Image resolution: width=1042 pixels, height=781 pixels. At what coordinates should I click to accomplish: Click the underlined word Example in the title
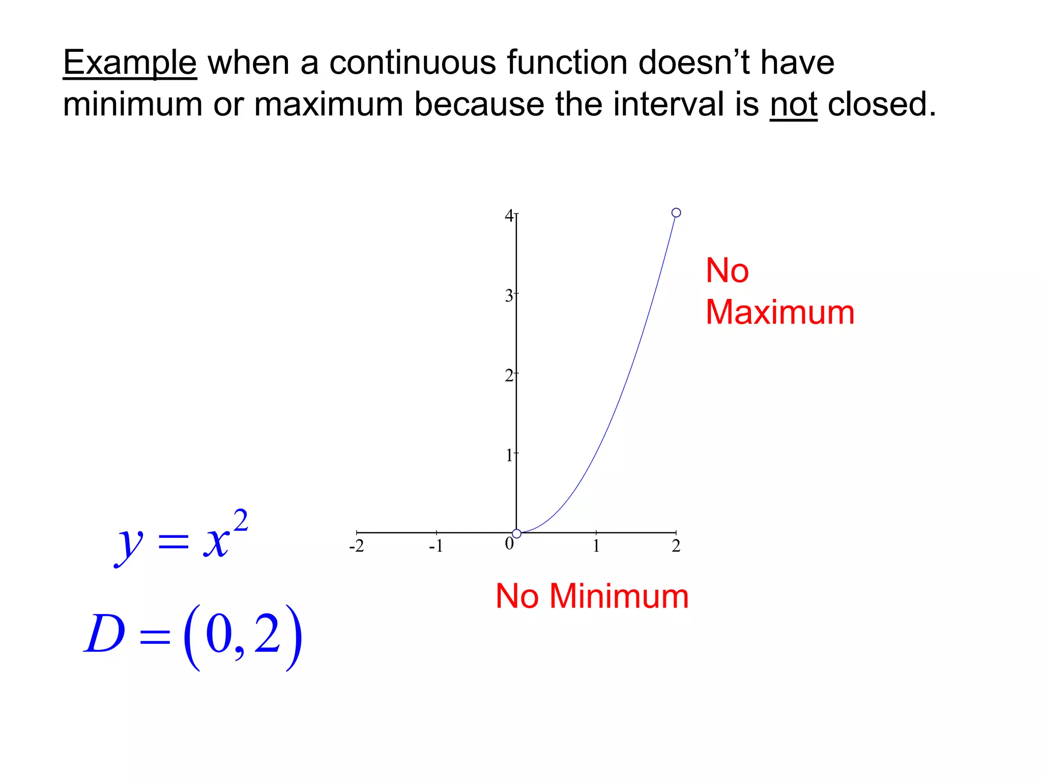tap(130, 63)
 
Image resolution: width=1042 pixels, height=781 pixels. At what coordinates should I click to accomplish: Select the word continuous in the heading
tap(412, 63)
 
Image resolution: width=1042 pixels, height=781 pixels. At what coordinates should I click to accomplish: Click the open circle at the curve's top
tap(676, 213)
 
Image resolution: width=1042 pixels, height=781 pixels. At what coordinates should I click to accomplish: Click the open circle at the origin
tap(516, 533)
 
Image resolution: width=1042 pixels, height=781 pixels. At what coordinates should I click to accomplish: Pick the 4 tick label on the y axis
tap(509, 216)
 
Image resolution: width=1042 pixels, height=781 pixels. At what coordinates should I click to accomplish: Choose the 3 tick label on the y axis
tap(509, 295)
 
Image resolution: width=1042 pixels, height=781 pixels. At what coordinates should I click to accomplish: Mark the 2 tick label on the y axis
tap(509, 376)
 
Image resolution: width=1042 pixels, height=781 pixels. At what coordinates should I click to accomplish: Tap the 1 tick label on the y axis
tap(509, 455)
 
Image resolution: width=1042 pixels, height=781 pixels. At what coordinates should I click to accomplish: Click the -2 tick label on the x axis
tap(357, 546)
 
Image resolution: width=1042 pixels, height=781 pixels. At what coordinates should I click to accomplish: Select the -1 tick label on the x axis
tap(436, 546)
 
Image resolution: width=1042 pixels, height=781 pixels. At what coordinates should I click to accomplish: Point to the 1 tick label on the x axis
tap(596, 546)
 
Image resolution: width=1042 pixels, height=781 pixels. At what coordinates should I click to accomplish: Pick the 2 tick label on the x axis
tap(676, 546)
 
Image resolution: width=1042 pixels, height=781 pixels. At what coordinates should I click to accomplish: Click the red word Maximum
tap(780, 312)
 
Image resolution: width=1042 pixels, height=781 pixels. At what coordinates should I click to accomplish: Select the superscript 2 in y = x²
tap(240, 521)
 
